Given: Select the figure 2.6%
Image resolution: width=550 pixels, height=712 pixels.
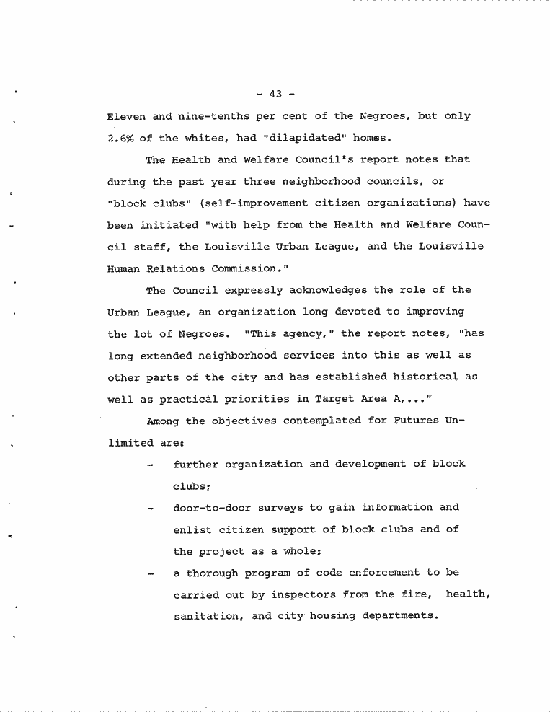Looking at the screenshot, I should pyautogui.click(x=121, y=138).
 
